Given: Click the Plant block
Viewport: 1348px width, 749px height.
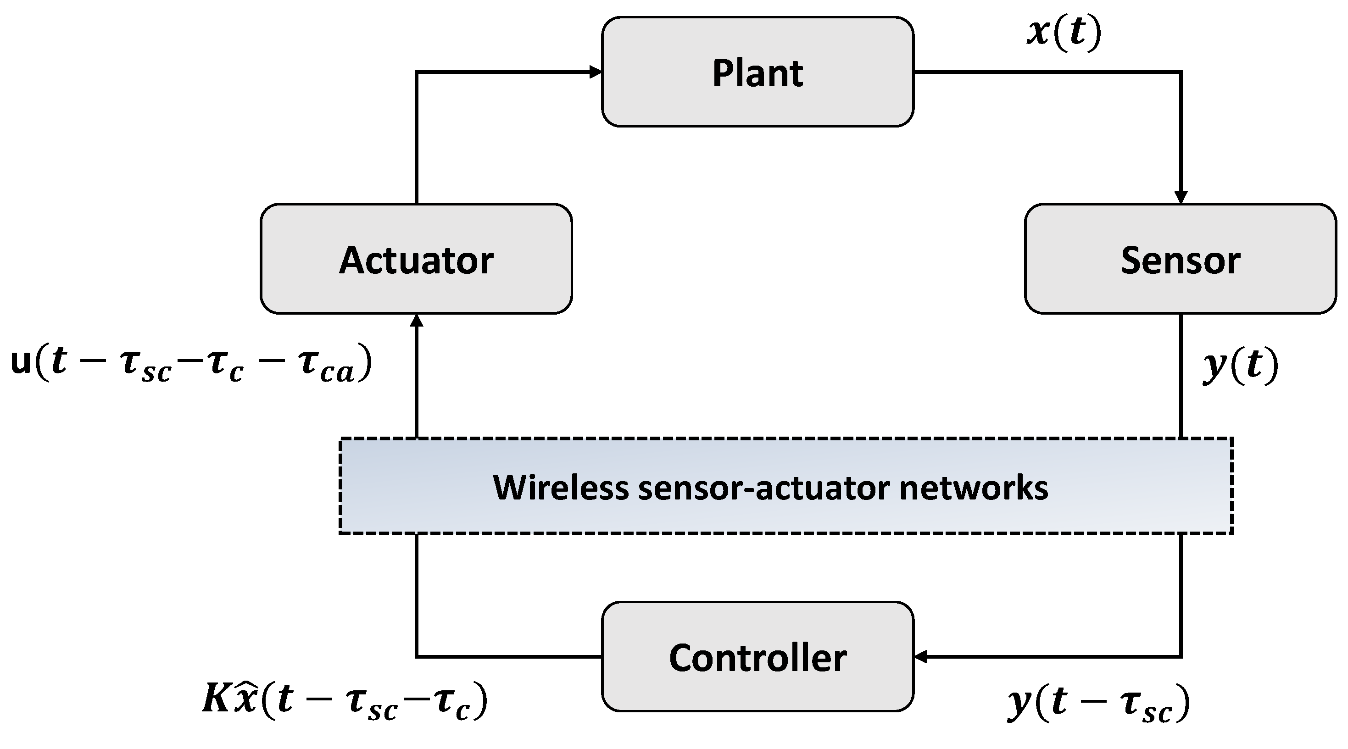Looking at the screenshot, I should point(757,72).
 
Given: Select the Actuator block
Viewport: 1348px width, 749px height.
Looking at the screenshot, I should point(416,259).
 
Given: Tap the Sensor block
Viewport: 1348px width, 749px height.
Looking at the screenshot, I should point(1180,259).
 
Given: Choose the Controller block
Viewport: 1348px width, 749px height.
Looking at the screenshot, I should point(757,656).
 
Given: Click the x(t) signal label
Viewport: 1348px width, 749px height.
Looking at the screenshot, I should point(1064,33).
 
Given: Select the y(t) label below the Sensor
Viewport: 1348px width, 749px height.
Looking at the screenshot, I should point(1240,365).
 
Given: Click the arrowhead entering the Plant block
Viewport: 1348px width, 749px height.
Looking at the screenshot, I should point(596,72).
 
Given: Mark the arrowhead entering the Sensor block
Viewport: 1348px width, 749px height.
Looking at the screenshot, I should point(1181,197).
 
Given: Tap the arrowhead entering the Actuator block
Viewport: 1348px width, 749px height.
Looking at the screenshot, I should point(417,321).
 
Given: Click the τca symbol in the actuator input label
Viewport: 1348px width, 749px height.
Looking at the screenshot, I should point(327,366).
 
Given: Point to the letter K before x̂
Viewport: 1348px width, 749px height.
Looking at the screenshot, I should point(216,699).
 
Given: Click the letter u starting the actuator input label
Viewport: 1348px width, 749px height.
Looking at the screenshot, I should point(21,362).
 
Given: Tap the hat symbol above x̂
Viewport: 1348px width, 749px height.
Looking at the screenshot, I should point(245,687).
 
